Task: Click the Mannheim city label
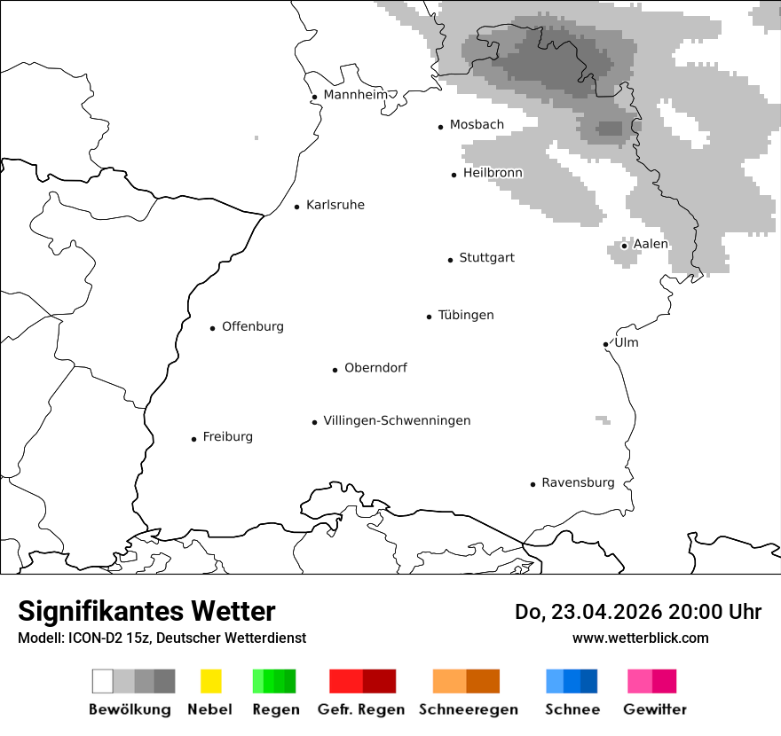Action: click(x=355, y=95)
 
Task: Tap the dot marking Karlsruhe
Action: click(x=297, y=207)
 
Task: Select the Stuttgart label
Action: click(x=486, y=258)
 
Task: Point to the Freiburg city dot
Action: click(x=193, y=439)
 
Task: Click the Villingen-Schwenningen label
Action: click(x=397, y=421)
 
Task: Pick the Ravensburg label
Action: click(x=578, y=483)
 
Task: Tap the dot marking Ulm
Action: click(x=605, y=344)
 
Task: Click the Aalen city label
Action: click(x=651, y=245)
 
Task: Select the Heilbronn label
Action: click(x=493, y=173)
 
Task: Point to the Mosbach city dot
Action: click(x=440, y=127)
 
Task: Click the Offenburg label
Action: click(x=253, y=327)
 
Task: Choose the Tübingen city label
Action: click(x=466, y=316)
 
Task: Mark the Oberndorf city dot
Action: click(x=335, y=370)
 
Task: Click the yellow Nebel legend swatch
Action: click(x=210, y=681)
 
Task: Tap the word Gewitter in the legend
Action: click(x=655, y=709)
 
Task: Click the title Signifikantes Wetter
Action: click(x=146, y=611)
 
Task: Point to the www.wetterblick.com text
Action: click(x=641, y=638)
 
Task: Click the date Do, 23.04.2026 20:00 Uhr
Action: click(x=638, y=612)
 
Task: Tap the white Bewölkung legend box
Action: click(x=102, y=681)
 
